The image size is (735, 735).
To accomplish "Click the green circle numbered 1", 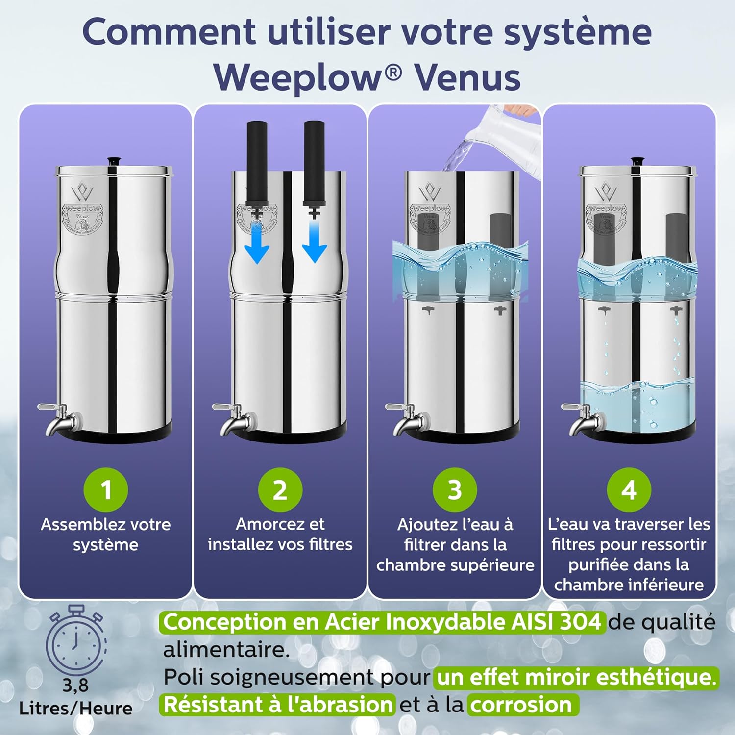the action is point(106,490).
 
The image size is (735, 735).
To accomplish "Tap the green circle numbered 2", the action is point(280,490).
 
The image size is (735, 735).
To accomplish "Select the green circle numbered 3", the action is point(455,490).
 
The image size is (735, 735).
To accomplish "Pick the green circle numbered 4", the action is point(629,490).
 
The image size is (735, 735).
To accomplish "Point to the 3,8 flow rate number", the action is point(75,685).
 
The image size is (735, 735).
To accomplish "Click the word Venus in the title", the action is point(467,77).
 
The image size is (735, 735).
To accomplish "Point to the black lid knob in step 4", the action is point(637,161).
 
